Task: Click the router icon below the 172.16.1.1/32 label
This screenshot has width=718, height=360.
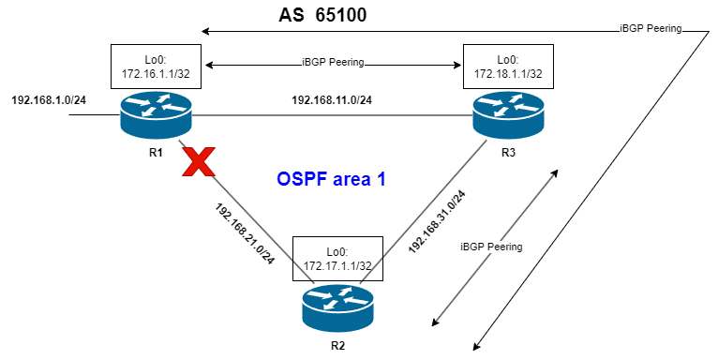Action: (156, 114)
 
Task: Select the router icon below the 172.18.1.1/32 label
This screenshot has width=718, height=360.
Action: (507, 114)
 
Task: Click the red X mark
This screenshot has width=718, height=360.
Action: (198, 162)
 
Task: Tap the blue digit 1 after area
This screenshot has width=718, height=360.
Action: (381, 179)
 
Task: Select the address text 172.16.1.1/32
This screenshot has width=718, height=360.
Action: (156, 73)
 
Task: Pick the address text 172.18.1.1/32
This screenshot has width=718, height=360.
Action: (507, 73)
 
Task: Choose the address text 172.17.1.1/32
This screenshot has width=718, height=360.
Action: (337, 265)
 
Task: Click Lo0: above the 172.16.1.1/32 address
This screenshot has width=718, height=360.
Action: (156, 59)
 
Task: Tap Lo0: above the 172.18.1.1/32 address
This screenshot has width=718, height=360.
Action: (507, 59)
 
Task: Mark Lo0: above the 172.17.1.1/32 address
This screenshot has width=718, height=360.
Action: (337, 251)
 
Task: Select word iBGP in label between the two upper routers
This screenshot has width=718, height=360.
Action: (313, 62)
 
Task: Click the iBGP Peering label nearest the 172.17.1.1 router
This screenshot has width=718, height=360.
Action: (491, 247)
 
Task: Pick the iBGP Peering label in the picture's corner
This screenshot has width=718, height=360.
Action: (651, 28)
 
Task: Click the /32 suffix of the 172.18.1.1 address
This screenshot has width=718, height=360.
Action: (533, 73)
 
